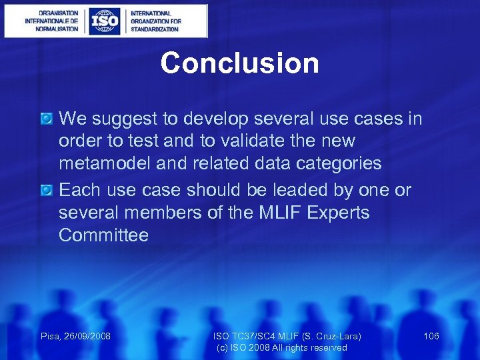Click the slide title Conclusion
[239, 63]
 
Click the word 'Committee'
[103, 235]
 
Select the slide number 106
[431, 336]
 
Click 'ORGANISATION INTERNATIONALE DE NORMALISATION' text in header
[51, 21]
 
